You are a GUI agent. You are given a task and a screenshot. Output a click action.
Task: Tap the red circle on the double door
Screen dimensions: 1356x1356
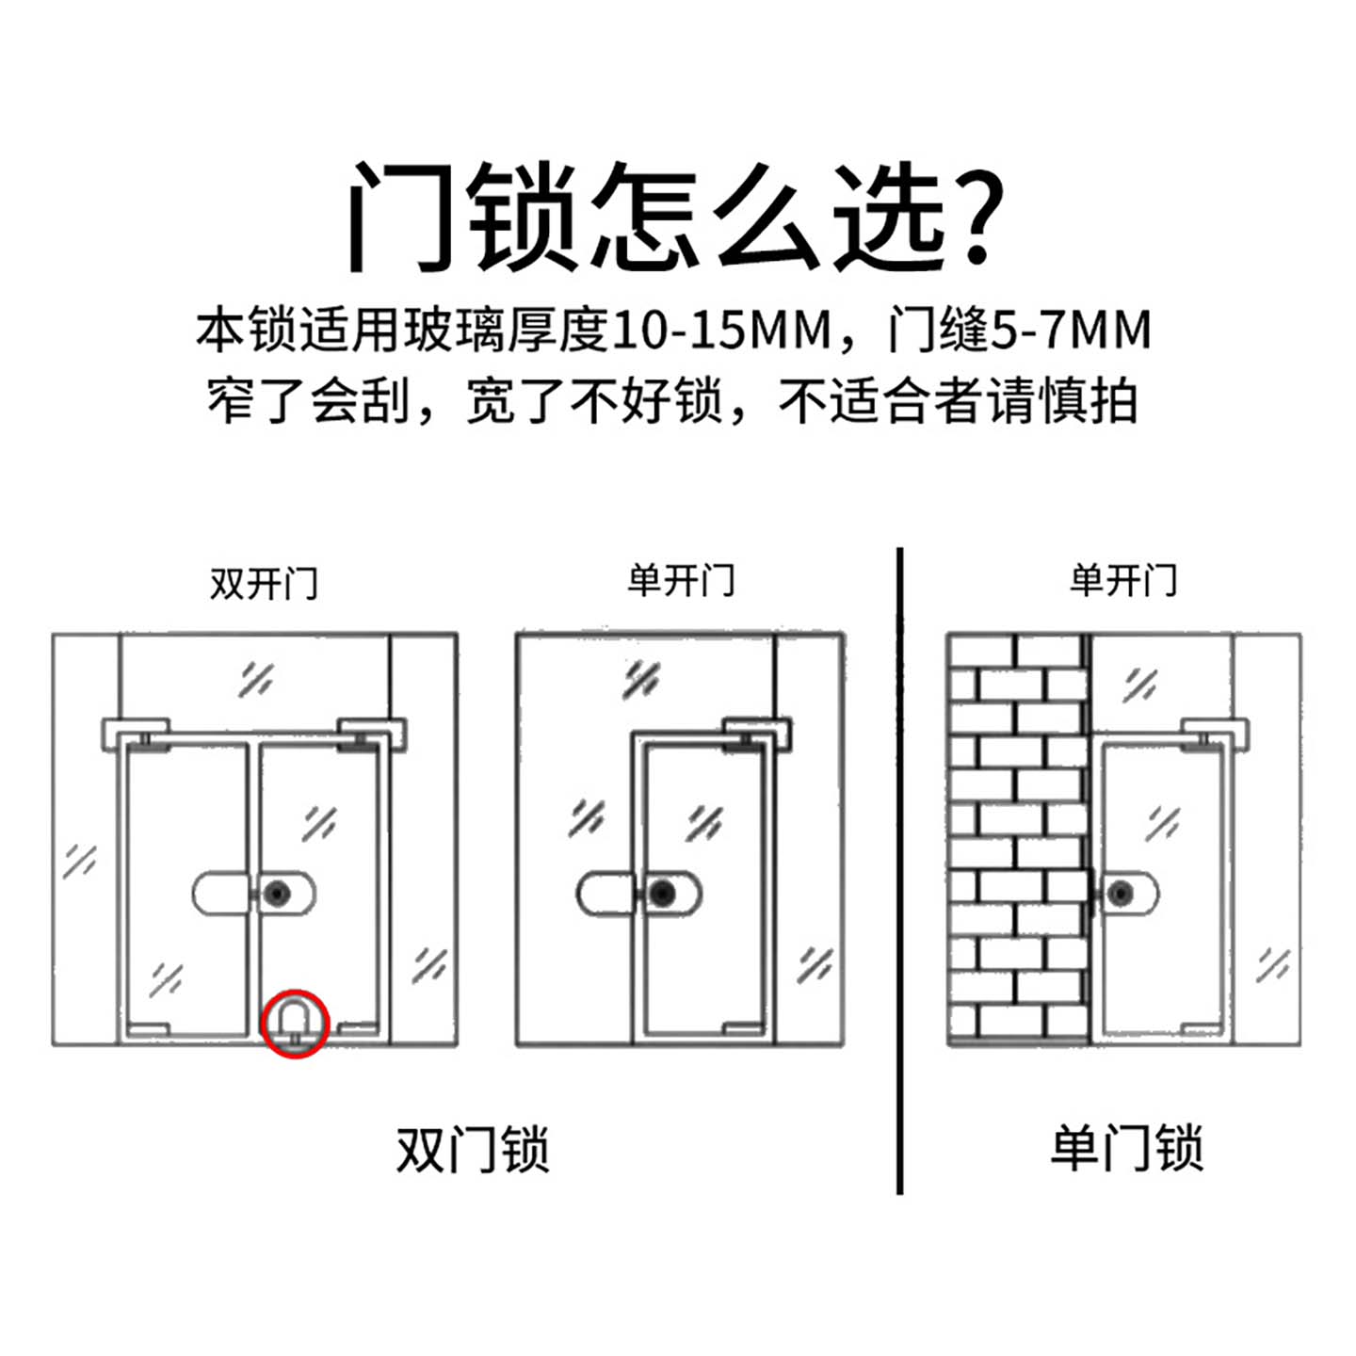pyautogui.click(x=295, y=1024)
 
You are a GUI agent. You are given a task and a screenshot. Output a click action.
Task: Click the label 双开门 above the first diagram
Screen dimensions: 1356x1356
pyautogui.click(x=264, y=583)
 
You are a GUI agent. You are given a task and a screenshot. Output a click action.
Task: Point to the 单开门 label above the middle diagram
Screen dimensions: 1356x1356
pyautogui.click(x=681, y=580)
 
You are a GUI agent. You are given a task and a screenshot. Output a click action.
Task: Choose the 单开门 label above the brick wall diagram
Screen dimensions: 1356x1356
pyautogui.click(x=1122, y=580)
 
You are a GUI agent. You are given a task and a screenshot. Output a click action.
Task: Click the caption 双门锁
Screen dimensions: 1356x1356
pyautogui.click(x=473, y=1149)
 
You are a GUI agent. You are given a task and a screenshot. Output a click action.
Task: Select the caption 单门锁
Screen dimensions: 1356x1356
pyautogui.click(x=1126, y=1149)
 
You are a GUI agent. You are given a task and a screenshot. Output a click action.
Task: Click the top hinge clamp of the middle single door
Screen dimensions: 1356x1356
pyautogui.click(x=757, y=733)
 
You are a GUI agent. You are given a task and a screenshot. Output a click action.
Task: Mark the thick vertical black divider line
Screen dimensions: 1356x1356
pyautogui.click(x=900, y=871)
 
